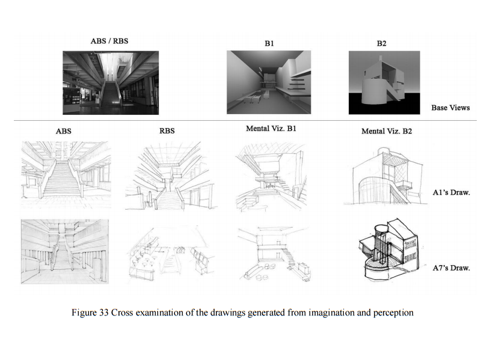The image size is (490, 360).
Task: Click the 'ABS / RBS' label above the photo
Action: pyautogui.click(x=109, y=41)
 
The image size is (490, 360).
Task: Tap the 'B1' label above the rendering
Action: pyautogui.click(x=269, y=43)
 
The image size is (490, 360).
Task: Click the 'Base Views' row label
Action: pyautogui.click(x=450, y=108)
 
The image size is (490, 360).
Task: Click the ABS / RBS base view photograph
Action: pyautogui.click(x=111, y=82)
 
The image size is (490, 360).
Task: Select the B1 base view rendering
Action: pyautogui.click(x=269, y=82)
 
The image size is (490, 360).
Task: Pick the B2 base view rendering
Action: pyautogui.click(x=384, y=82)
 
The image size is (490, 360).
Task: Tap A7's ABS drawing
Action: pyautogui.click(x=65, y=250)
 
